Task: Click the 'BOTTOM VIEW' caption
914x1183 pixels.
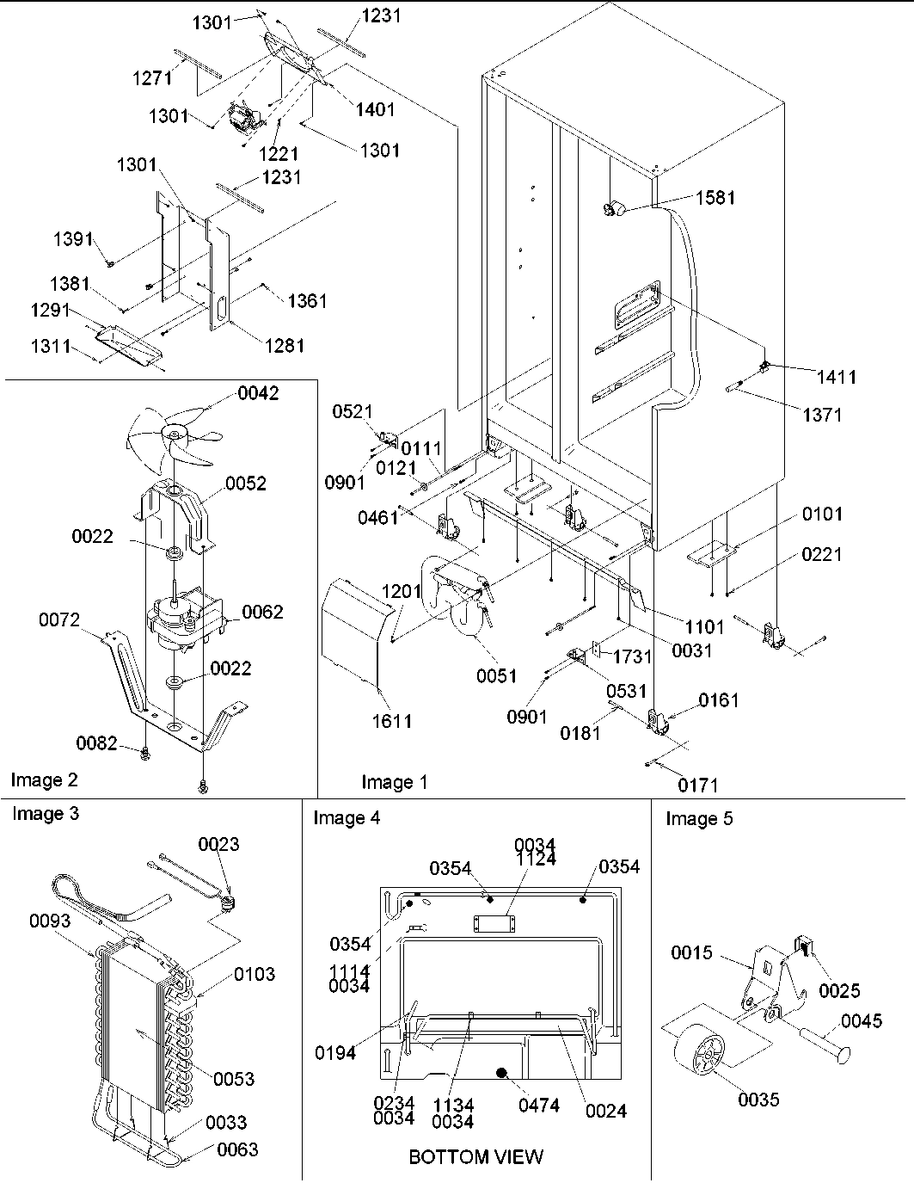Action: point(475,1156)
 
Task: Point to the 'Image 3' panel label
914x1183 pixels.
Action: point(45,813)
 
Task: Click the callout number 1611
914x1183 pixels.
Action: point(391,721)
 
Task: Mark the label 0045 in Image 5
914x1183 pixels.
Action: point(861,1020)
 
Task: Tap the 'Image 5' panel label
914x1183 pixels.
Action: point(699,818)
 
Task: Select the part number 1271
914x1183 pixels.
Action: point(152,77)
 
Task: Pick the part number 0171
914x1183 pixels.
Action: point(696,785)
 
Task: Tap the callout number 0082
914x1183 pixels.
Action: point(97,742)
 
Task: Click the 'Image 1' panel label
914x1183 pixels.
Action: point(394,781)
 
